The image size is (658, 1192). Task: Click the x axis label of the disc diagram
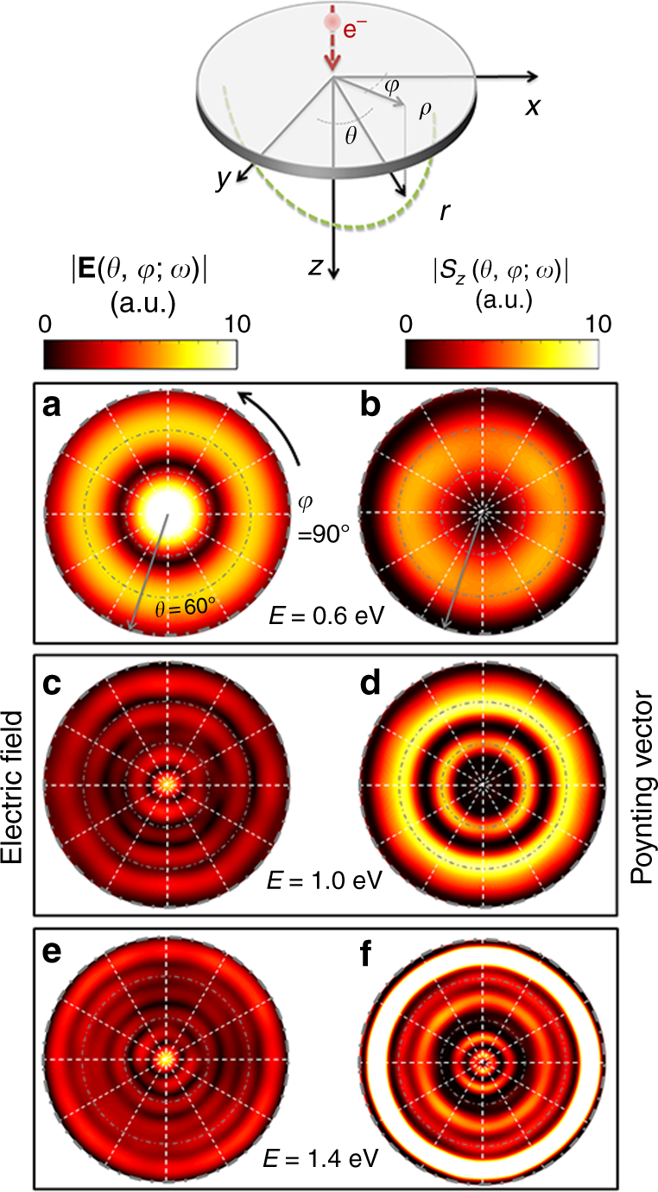point(534,107)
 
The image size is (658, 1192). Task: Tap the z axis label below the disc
point(318,267)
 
